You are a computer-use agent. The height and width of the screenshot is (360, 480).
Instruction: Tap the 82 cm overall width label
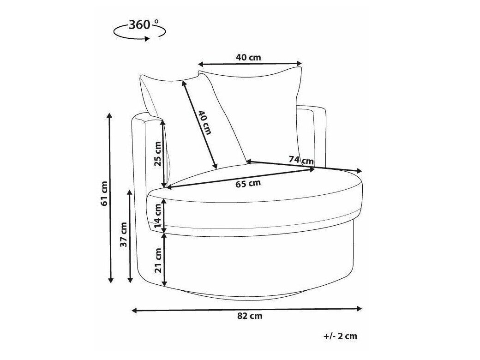(250, 316)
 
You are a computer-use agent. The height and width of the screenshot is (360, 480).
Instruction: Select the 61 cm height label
(104, 193)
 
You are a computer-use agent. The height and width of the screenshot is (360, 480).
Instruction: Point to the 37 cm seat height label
(123, 234)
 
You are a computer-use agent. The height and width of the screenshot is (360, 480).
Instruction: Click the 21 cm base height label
(158, 260)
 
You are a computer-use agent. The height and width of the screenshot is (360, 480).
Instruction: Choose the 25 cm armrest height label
(157, 154)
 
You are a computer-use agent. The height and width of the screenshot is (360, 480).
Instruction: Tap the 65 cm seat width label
(248, 183)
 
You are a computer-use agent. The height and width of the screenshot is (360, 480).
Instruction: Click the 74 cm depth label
(301, 160)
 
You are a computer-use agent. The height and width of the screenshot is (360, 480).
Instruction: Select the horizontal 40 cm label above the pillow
(249, 57)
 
